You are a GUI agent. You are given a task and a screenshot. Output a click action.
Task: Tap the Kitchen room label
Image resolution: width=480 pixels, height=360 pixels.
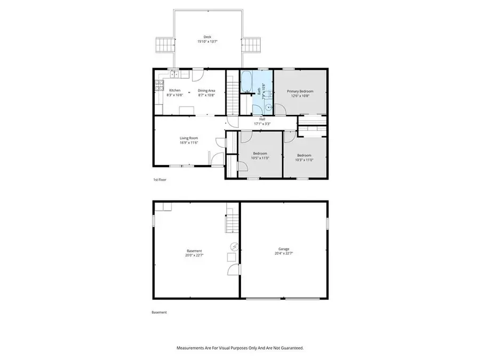[x=175, y=91]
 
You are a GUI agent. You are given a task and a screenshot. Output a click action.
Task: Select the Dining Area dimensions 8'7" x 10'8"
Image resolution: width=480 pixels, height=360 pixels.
[x=206, y=95]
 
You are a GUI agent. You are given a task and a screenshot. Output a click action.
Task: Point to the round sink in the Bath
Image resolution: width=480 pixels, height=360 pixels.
[x=268, y=106]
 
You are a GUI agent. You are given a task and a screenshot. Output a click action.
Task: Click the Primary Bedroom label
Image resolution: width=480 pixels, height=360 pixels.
[x=301, y=91]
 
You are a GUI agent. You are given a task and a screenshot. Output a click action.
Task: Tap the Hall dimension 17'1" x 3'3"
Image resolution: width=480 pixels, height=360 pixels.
[x=262, y=124]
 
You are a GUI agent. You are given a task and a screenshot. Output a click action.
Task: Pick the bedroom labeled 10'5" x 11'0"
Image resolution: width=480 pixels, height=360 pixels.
[x=260, y=158]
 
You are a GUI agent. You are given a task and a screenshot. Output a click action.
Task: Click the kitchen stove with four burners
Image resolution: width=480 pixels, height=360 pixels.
[x=158, y=84]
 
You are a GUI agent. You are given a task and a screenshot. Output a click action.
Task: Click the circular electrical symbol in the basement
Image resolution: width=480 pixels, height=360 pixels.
[x=235, y=246]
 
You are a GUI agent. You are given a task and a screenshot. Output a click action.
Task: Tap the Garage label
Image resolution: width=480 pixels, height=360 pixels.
[x=284, y=249]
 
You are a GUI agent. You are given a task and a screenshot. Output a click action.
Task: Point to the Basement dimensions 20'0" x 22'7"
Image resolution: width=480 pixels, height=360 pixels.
[x=194, y=255]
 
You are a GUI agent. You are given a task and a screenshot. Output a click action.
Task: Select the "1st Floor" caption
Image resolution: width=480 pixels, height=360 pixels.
[x=160, y=180]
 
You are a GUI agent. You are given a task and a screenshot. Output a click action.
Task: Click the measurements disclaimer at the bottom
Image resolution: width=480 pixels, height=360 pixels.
[x=240, y=348]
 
